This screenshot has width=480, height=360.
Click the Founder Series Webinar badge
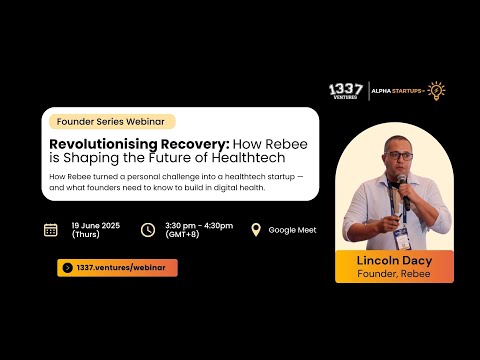111,121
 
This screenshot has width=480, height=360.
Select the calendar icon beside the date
51,229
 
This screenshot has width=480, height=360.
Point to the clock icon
148,229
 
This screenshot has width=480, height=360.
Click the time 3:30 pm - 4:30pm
198,225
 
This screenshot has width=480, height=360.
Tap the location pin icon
255,229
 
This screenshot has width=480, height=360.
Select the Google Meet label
292,230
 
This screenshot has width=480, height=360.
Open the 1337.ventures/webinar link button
117,267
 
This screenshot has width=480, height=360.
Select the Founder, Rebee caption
393,273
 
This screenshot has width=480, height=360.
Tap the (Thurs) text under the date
86,234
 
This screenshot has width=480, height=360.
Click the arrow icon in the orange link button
67,267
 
